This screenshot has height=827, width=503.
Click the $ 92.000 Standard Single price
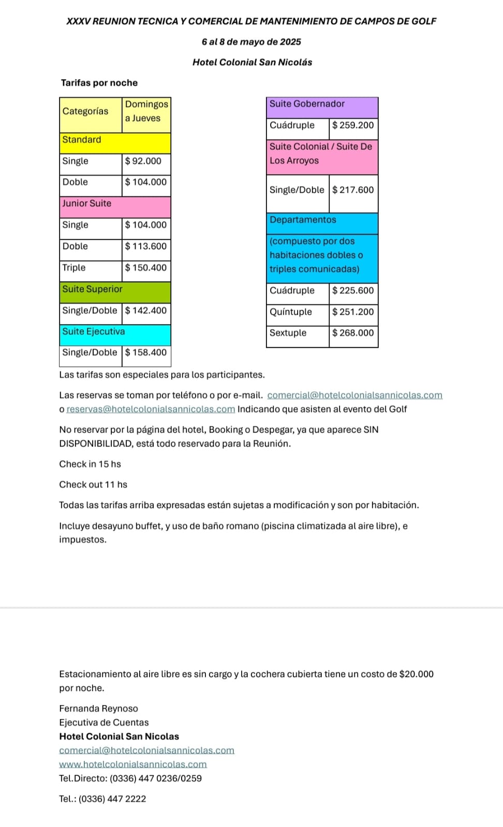tap(143, 161)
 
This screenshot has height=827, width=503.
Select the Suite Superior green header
tap(115, 289)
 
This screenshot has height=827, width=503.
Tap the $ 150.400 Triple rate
tap(146, 268)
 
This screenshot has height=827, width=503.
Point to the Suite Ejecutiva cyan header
tap(115, 332)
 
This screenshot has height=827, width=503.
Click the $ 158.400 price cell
tap(146, 353)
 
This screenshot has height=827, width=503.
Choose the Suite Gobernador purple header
tap(322, 104)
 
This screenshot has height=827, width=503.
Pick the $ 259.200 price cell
tap(353, 125)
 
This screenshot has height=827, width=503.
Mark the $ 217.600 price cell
tap(353, 190)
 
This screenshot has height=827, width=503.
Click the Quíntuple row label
tap(291, 312)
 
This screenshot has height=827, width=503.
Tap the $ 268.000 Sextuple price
tap(353, 333)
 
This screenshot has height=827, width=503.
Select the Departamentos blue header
tap(322, 220)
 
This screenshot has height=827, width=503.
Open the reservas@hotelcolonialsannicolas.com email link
tap(151, 409)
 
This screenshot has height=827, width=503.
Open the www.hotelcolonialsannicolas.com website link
tap(133, 764)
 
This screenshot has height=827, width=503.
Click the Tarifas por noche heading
tap(99, 83)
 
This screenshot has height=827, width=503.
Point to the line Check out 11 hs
tap(93, 485)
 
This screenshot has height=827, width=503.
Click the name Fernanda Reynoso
tap(98, 709)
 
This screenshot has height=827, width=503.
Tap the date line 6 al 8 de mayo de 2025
tap(251, 42)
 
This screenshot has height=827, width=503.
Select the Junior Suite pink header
tap(115, 204)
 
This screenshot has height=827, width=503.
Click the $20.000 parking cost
tap(417, 674)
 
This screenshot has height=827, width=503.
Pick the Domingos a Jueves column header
tap(146, 111)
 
